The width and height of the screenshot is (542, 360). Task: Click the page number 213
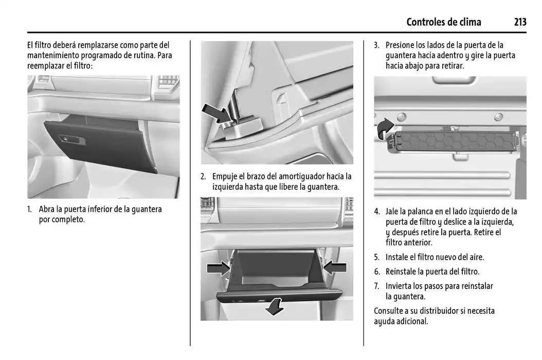(519, 22)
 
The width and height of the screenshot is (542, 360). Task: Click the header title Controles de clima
(443, 22)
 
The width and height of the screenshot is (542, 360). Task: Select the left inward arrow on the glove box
(219, 267)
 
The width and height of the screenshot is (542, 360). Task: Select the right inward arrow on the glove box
(335, 267)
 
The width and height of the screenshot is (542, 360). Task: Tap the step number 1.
(30, 209)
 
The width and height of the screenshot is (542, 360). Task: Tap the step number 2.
(203, 176)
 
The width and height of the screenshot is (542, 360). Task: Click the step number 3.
(376, 45)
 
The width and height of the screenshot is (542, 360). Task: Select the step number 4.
(376, 211)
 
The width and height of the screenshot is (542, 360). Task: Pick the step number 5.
(376, 257)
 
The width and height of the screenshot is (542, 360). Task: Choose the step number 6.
(376, 272)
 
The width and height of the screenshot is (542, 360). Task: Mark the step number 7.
(376, 286)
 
